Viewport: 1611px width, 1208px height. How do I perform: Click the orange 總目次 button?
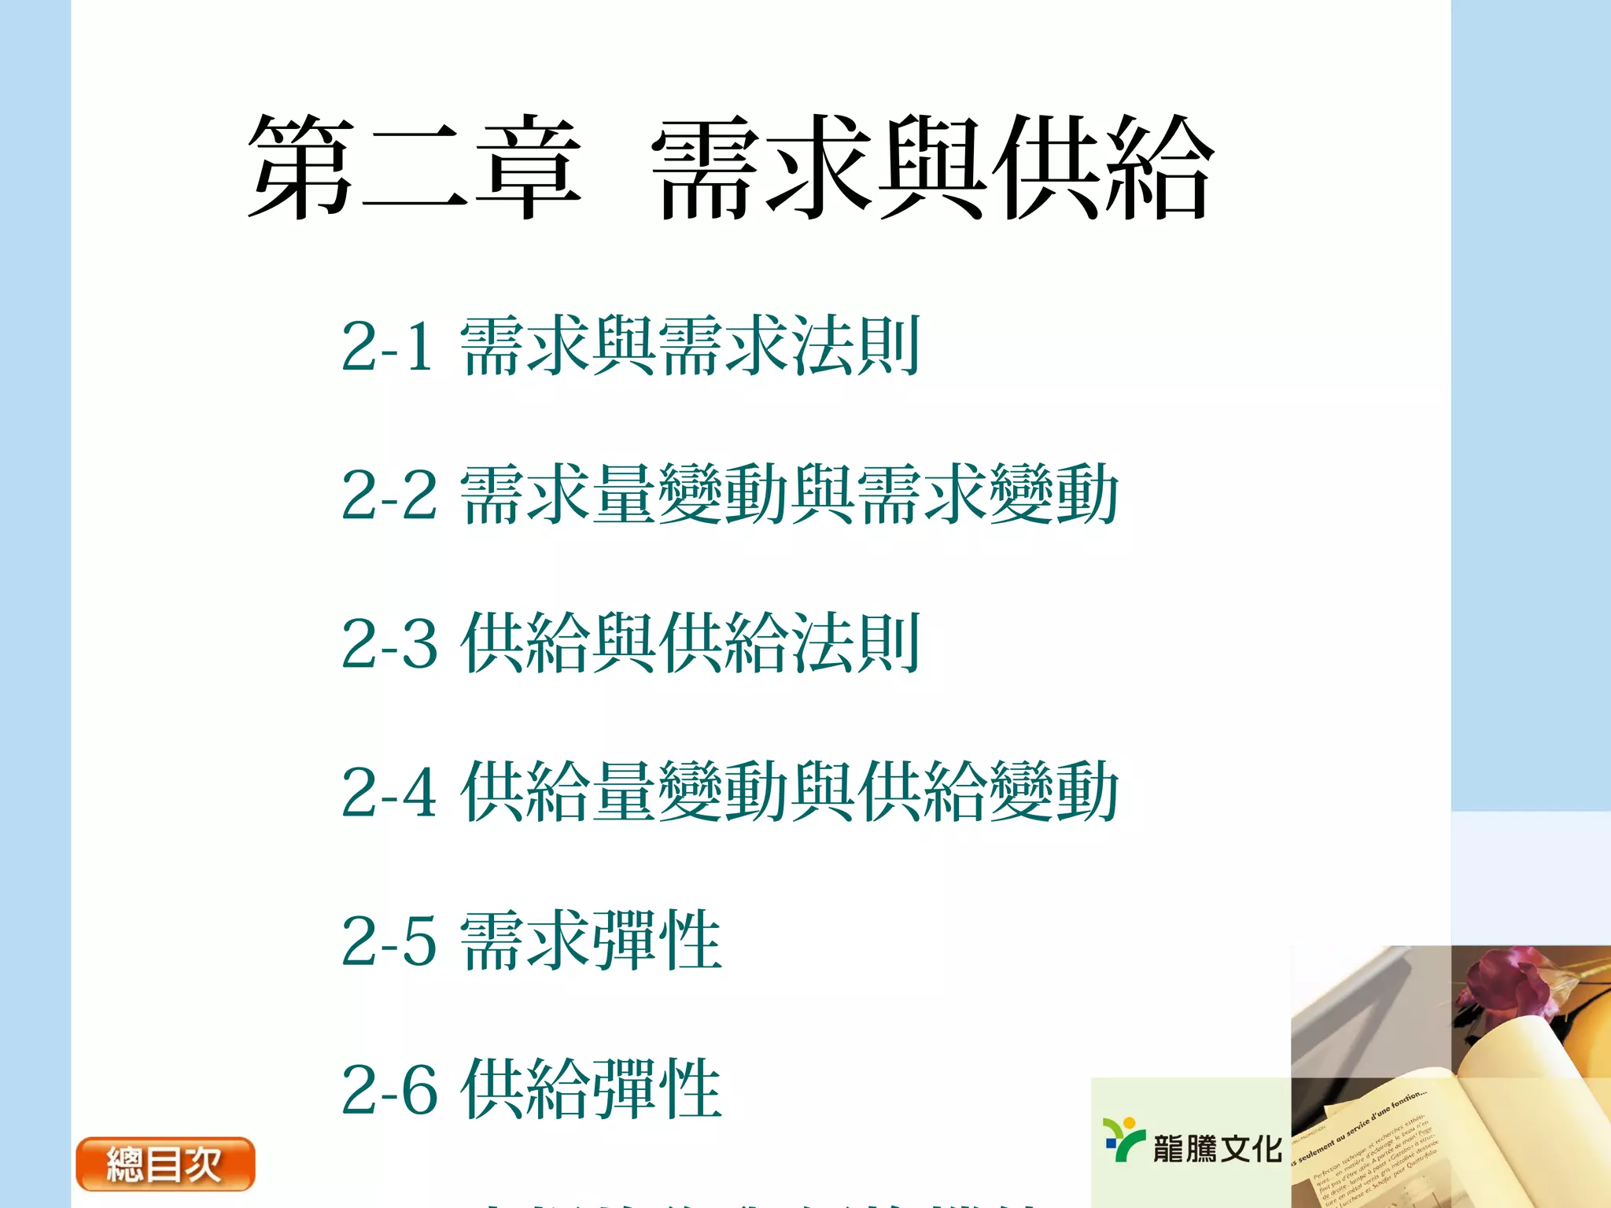point(165,1164)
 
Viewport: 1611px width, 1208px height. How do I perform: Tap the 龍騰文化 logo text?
point(1217,1149)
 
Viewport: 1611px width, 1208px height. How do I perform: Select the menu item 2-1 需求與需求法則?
point(630,346)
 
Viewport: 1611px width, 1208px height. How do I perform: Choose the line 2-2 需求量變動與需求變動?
point(729,494)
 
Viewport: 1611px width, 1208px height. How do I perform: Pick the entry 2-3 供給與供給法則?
point(630,643)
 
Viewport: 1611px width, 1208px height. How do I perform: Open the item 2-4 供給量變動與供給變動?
point(729,791)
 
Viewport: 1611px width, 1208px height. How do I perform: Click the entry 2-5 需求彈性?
point(531,941)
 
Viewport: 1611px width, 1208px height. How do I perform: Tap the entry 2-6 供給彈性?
point(531,1089)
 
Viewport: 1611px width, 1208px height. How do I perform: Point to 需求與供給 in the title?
point(932,167)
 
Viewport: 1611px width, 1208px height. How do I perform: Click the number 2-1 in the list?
point(387,346)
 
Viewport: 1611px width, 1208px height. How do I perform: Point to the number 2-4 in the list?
point(389,793)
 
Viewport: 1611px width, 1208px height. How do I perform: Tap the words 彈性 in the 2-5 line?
point(657,941)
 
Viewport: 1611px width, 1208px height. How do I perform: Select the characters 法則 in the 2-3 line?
point(855,643)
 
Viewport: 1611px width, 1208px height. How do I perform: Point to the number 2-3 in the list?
point(389,644)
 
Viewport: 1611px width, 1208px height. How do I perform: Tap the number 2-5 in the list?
point(389,941)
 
